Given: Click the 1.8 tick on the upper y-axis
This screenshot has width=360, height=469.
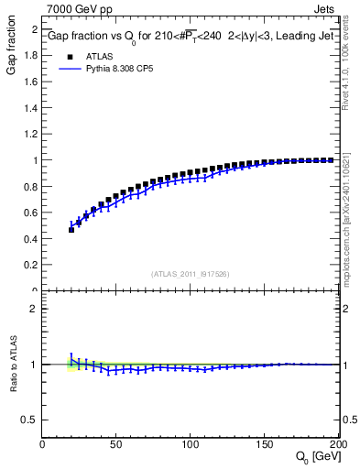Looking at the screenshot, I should (x=30, y=55).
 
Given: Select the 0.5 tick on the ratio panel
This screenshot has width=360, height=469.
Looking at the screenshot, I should (x=30, y=420).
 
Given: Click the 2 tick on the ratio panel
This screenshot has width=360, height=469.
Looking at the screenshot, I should (x=35, y=309).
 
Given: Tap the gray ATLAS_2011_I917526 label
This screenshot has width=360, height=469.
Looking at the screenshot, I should (x=191, y=274).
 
